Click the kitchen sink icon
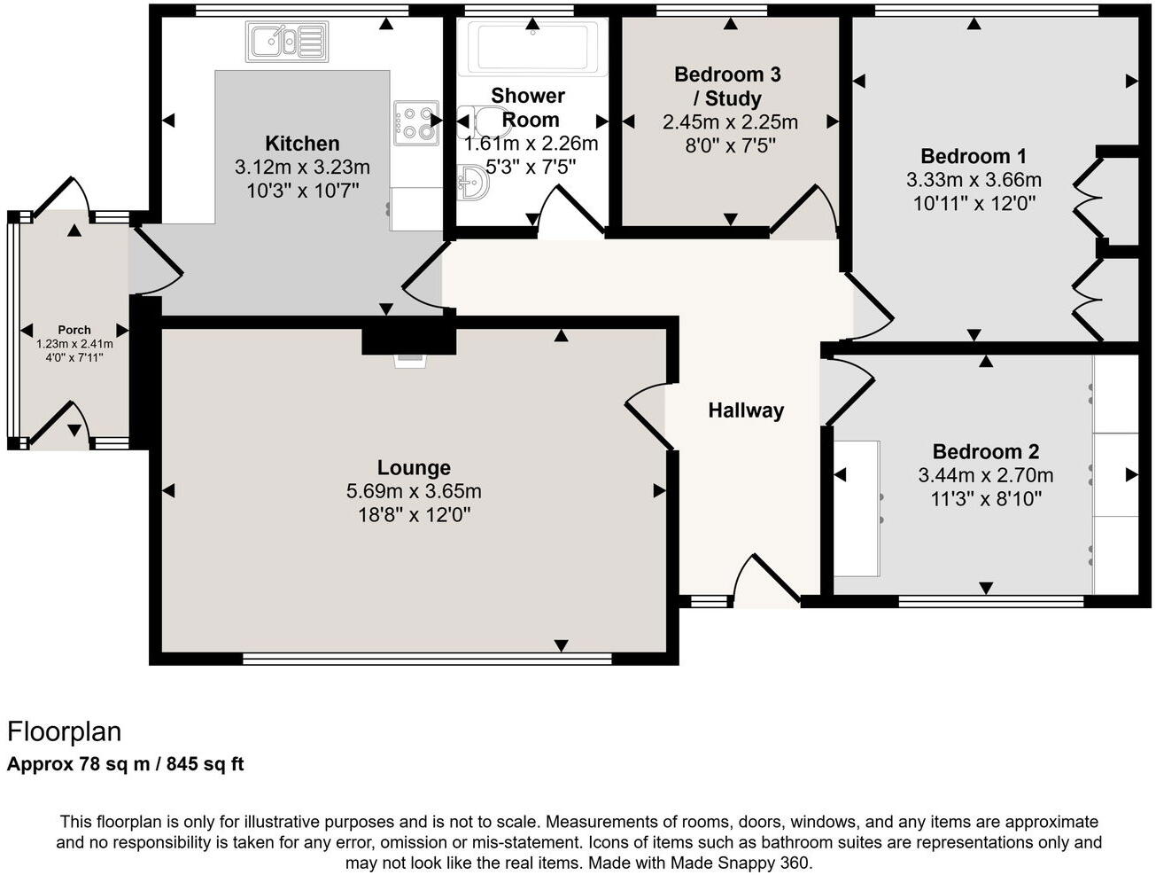click(x=287, y=41)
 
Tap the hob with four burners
click(x=416, y=123)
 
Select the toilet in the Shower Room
click(x=479, y=119)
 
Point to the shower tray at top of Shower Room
click(x=531, y=46)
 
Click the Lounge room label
click(x=414, y=468)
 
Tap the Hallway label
click(x=746, y=410)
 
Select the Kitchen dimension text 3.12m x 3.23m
click(x=302, y=167)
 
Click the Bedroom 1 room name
click(x=974, y=157)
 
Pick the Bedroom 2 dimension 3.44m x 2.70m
click(x=986, y=475)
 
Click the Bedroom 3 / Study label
click(x=727, y=86)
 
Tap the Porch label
click(x=74, y=330)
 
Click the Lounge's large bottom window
click(x=427, y=659)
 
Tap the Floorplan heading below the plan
click(x=64, y=732)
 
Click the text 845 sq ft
click(x=209, y=764)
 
